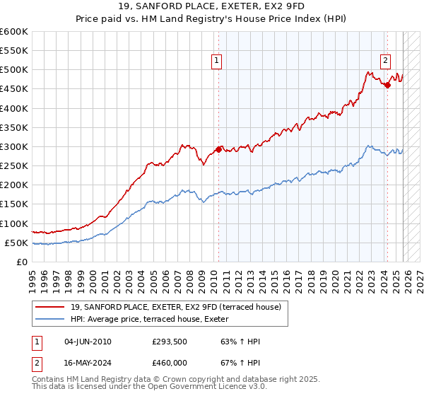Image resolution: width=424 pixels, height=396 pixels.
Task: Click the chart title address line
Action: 212,6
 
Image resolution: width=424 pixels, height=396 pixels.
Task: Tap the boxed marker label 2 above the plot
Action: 386,61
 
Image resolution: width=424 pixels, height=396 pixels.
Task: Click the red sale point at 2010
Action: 218,149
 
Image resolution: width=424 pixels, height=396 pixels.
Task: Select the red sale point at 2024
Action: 387,86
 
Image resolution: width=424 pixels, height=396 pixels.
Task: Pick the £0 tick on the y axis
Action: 22,262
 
